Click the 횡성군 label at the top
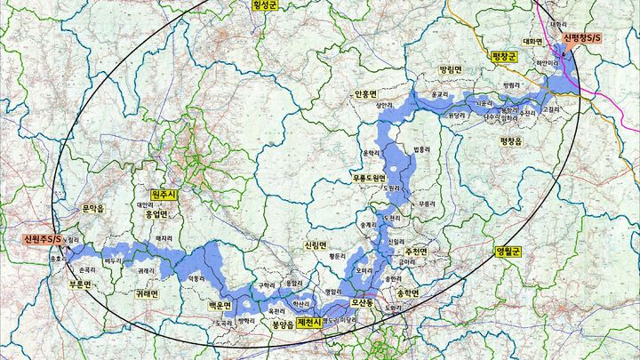pyautogui.click(x=265, y=4)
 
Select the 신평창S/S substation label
pyautogui.click(x=582, y=39)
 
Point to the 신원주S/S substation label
pyautogui.click(x=44, y=239)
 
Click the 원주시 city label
pyautogui.click(x=165, y=194)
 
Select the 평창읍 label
pyautogui.click(x=514, y=140)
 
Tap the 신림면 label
pyautogui.click(x=316, y=244)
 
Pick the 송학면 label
pyautogui.click(x=406, y=292)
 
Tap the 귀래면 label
pyautogui.click(x=147, y=293)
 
